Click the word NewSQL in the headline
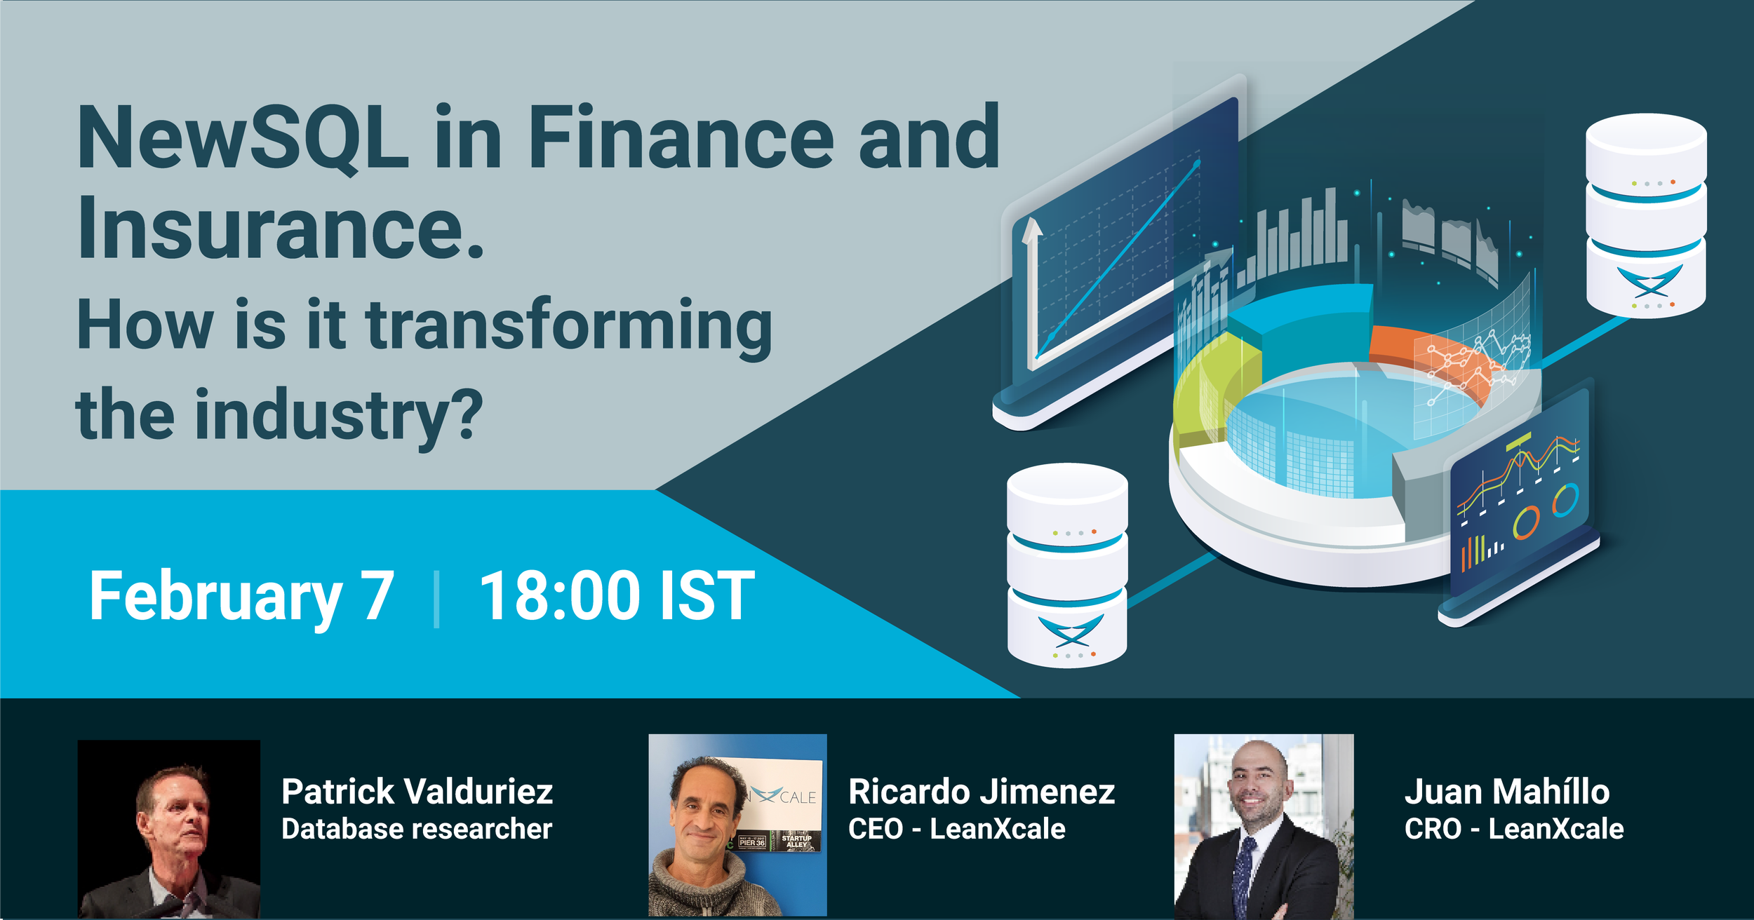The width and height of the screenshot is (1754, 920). pyautogui.click(x=243, y=137)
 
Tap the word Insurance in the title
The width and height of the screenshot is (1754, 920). pyautogui.click(x=270, y=228)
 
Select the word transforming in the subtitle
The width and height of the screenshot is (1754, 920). pyautogui.click(x=569, y=326)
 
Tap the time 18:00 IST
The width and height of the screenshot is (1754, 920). pyautogui.click(x=617, y=596)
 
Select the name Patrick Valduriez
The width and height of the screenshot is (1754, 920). pyautogui.click(x=417, y=792)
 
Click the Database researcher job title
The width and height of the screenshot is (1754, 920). pyautogui.click(x=417, y=829)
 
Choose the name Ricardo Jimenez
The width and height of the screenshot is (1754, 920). pyautogui.click(x=982, y=792)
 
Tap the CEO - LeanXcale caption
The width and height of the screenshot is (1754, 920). pyautogui.click(x=957, y=829)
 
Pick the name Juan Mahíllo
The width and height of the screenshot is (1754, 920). pyautogui.click(x=1507, y=792)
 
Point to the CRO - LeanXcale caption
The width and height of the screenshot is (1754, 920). pyautogui.click(x=1514, y=829)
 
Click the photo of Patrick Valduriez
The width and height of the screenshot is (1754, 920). pyautogui.click(x=169, y=829)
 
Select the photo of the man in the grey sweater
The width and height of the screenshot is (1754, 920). pyautogui.click(x=737, y=825)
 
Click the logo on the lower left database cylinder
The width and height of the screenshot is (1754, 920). pyautogui.click(x=1071, y=630)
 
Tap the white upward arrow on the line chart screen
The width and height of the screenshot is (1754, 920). pyautogui.click(x=1032, y=291)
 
